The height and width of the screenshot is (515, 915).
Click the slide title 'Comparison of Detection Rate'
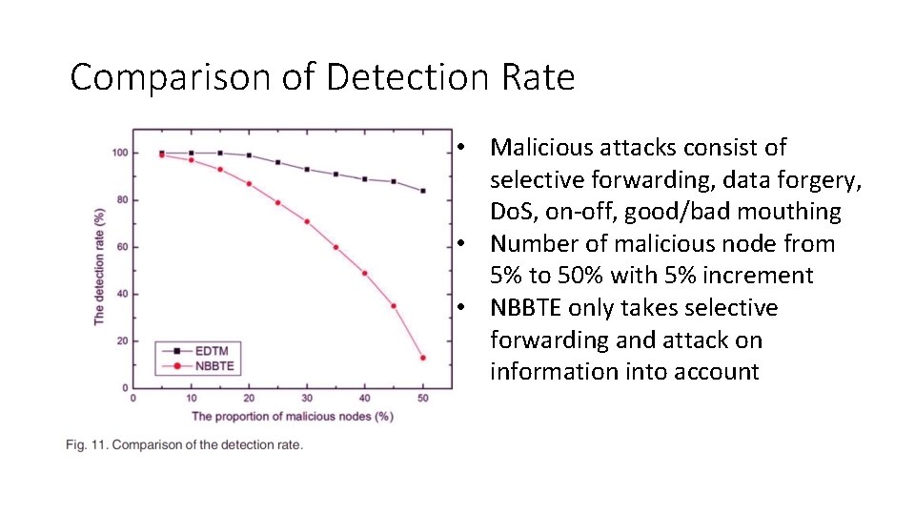(322, 77)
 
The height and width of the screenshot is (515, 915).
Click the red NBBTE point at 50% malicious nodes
(422, 358)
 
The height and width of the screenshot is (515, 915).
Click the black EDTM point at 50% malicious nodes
(422, 191)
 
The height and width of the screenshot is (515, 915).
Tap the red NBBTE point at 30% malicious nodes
(307, 221)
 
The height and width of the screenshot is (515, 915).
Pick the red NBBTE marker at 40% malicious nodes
(365, 273)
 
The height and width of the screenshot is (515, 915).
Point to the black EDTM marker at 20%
(249, 155)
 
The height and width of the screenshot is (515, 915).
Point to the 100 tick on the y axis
(120, 153)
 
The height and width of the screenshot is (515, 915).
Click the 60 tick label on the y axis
(122, 247)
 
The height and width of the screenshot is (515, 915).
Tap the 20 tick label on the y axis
(122, 340)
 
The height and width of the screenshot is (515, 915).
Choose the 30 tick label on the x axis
(307, 398)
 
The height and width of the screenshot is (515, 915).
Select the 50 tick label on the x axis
(422, 398)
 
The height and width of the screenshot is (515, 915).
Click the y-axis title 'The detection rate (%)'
(99, 269)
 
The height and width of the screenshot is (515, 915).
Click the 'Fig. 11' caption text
(184, 445)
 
